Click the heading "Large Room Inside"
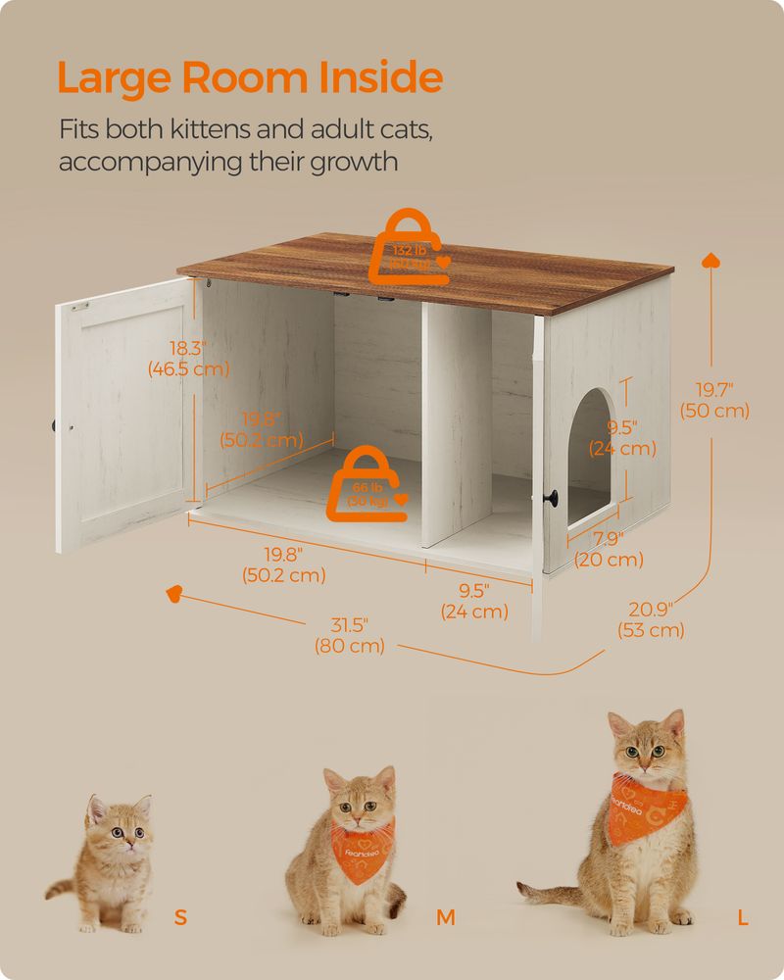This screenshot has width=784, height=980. point(250,77)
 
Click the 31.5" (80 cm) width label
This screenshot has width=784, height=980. point(349,636)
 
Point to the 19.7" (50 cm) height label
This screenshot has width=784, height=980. point(716,400)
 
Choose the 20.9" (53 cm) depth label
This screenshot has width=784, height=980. point(651,620)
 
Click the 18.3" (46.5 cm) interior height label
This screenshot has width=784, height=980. point(188,359)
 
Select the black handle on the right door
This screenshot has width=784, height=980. point(555,500)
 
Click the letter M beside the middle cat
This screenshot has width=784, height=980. point(446,918)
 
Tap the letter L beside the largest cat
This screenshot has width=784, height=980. point(744,918)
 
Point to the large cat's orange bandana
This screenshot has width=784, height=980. point(650,803)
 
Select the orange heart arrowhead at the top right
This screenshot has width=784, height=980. point(712,261)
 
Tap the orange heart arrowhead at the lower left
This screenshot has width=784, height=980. point(174,593)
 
